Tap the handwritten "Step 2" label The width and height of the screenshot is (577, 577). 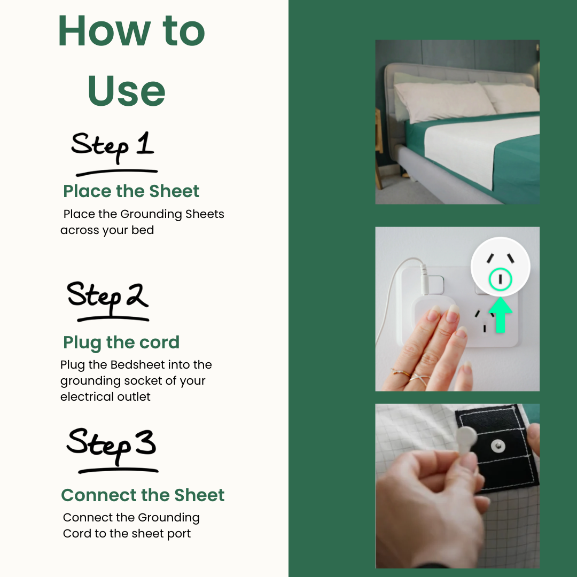107,297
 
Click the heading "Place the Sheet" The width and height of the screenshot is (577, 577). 131,191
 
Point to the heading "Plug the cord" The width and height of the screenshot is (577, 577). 121,342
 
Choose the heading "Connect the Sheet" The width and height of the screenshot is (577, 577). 143,495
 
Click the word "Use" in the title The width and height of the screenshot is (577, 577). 127,91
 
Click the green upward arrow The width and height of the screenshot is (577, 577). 500,316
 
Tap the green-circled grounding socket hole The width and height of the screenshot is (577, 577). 500,278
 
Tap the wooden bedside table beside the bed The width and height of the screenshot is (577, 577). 379,150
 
